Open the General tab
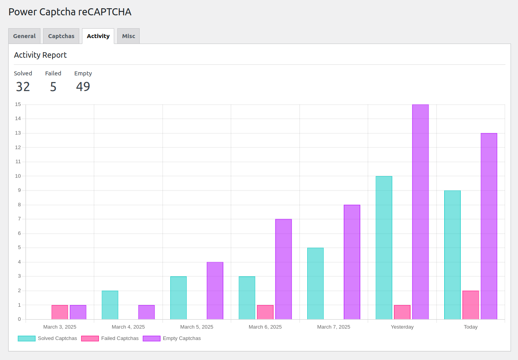click(x=24, y=36)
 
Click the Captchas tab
click(x=61, y=36)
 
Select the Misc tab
click(x=128, y=36)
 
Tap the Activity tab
click(x=98, y=36)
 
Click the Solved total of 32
click(x=23, y=87)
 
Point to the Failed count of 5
click(x=53, y=87)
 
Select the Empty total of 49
click(x=83, y=87)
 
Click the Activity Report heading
click(x=40, y=55)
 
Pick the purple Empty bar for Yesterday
click(x=420, y=212)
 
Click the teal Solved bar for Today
click(x=452, y=255)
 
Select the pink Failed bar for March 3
click(x=60, y=312)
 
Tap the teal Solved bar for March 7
click(x=316, y=283)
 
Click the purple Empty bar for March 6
click(x=283, y=269)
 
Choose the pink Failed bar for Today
click(x=471, y=305)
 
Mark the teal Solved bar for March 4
click(x=110, y=305)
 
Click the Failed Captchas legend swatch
click(x=90, y=338)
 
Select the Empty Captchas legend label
click(x=182, y=338)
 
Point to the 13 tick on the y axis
click(x=18, y=133)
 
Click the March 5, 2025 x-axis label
click(x=197, y=327)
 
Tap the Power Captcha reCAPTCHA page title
click(x=70, y=12)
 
